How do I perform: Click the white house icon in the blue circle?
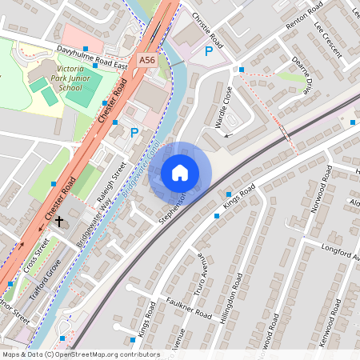point(180,173)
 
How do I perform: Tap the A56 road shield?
point(146,59)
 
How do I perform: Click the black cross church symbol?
point(59,226)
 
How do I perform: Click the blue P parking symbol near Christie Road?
point(209,52)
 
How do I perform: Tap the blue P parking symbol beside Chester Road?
point(134,133)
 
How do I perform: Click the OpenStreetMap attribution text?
point(81,354)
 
